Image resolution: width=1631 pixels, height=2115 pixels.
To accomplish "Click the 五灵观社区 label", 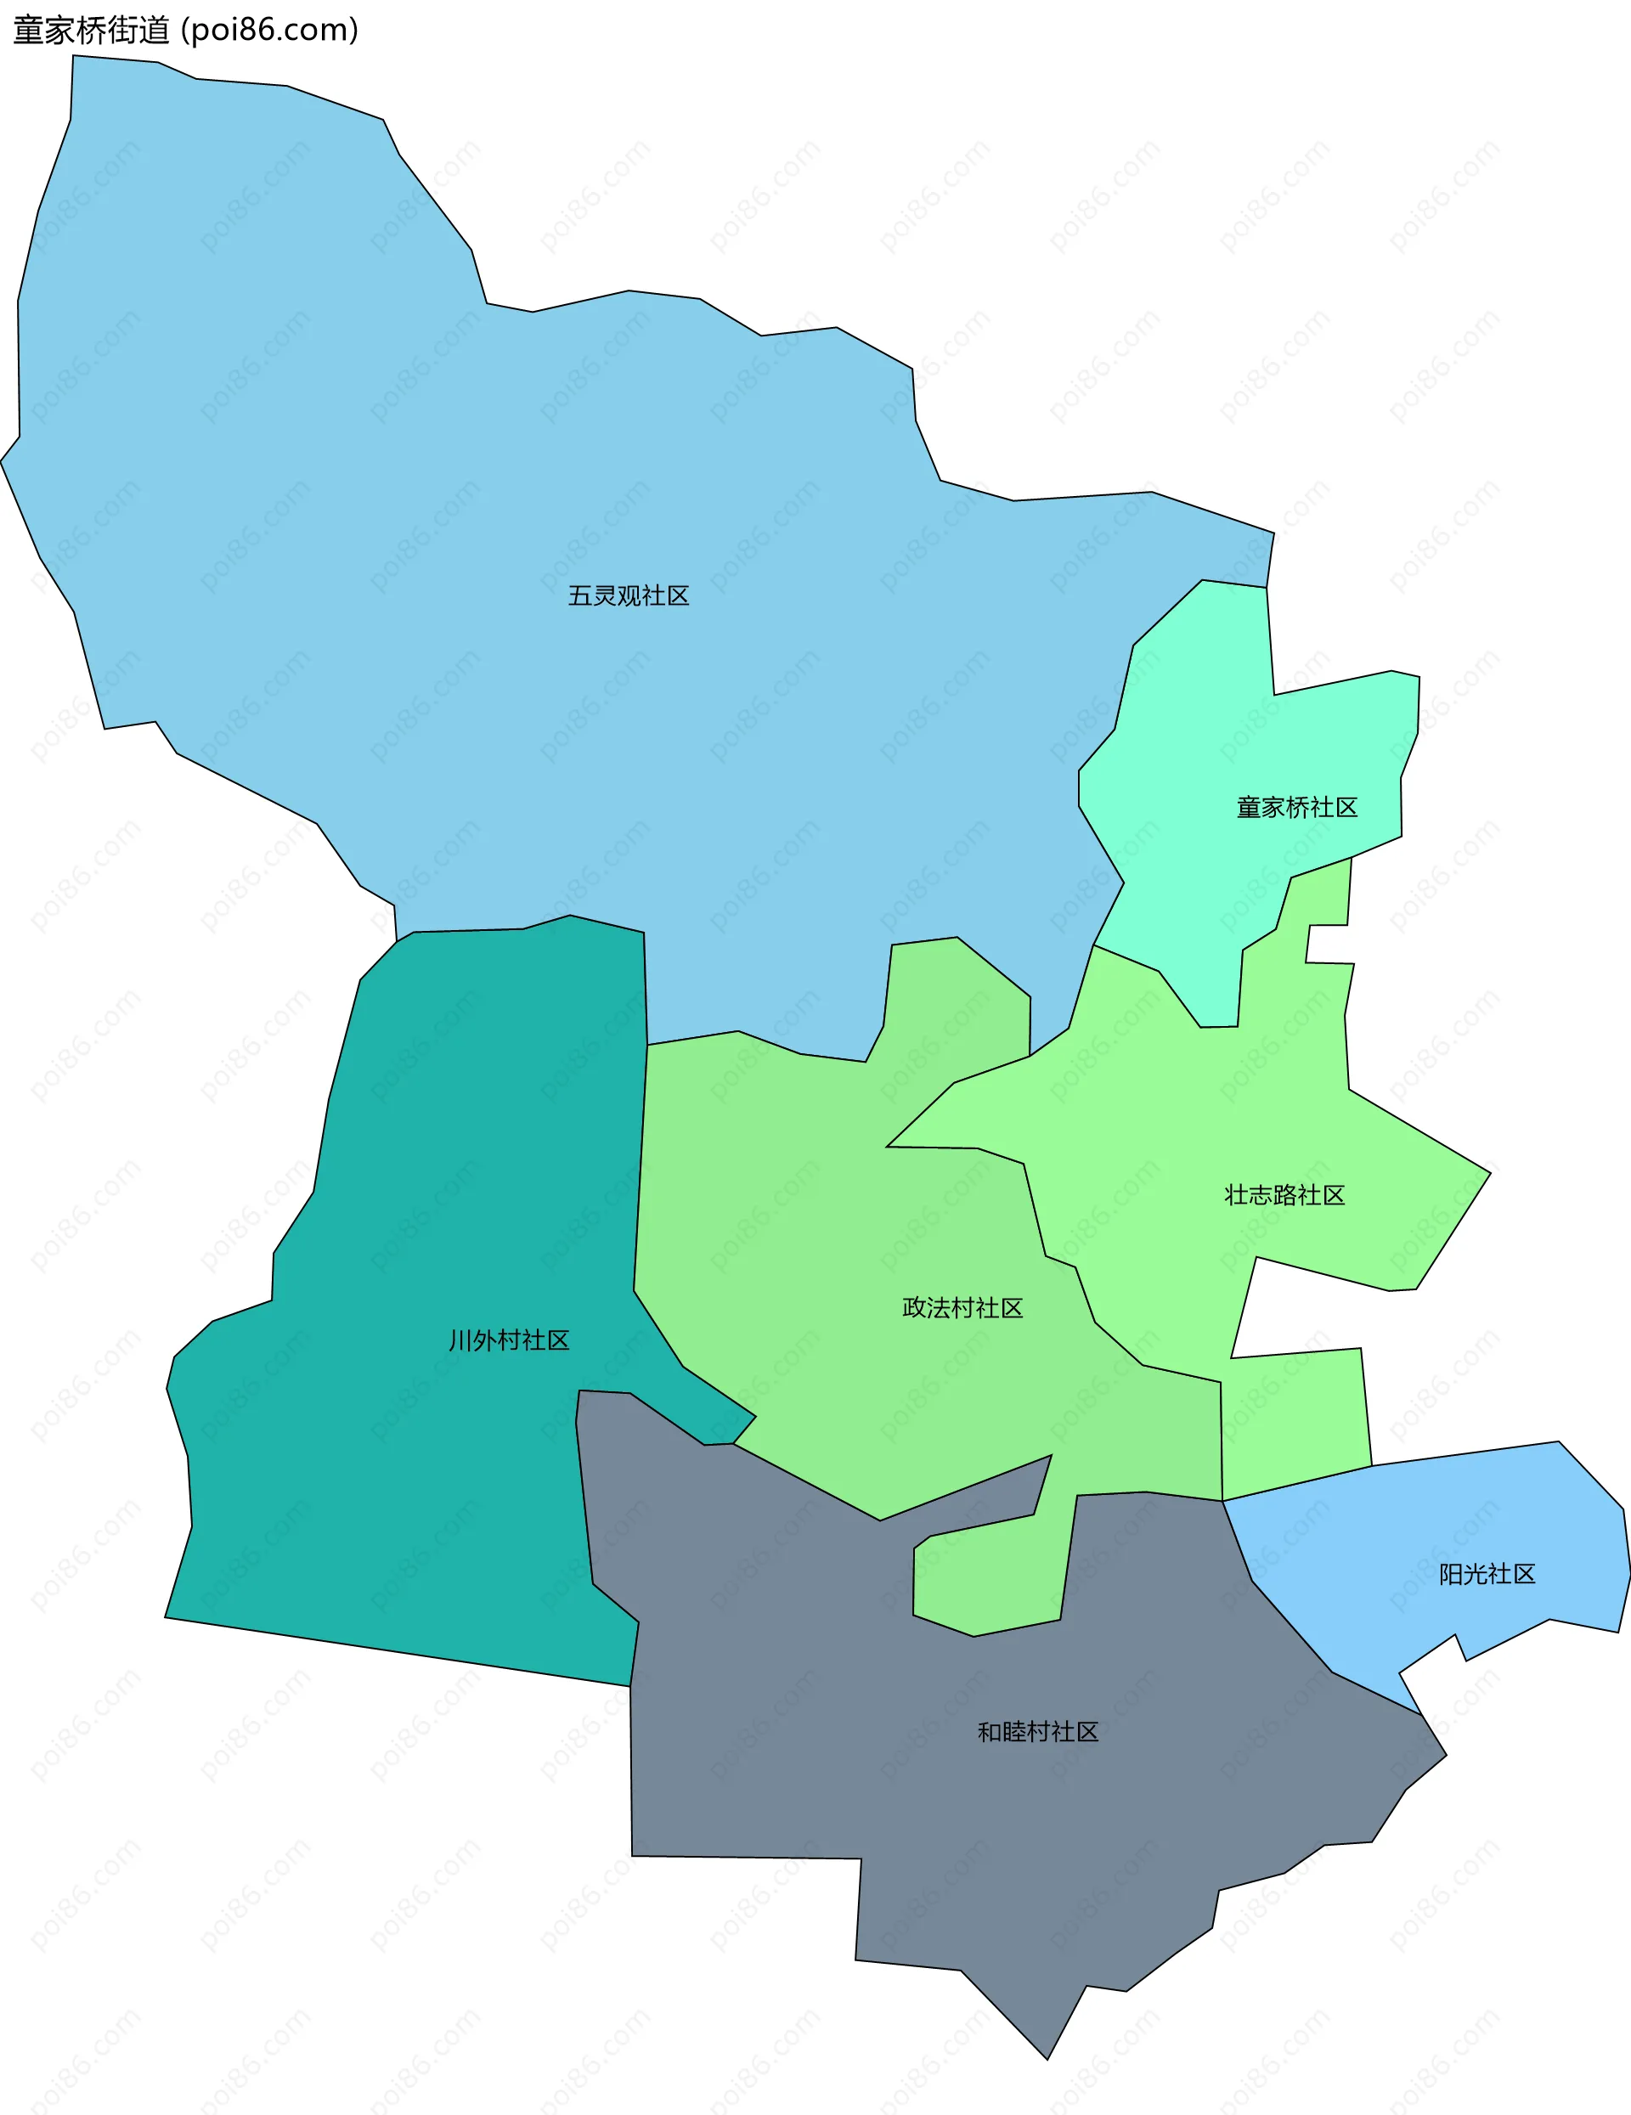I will (x=629, y=595).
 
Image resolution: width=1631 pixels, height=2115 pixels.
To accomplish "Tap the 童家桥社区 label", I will (x=1297, y=807).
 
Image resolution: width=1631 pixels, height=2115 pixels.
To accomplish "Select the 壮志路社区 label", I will (x=1284, y=1195).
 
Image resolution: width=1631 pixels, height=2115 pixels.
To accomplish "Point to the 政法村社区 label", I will (x=962, y=1307).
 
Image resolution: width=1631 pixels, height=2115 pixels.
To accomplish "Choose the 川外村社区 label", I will (x=509, y=1340).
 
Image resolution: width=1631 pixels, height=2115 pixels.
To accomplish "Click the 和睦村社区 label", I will (x=1037, y=1732).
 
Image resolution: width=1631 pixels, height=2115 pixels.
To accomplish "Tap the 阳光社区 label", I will (x=1487, y=1574).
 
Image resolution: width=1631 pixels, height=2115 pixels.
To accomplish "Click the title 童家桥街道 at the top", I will (x=91, y=30).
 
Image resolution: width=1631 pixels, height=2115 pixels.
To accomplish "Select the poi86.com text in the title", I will (x=269, y=30).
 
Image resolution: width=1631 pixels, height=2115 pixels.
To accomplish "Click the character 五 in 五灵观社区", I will (x=579, y=595).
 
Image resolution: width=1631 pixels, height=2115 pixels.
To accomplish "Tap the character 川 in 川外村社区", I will (x=460, y=1340).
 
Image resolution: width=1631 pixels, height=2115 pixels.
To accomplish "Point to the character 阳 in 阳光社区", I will (x=1451, y=1574).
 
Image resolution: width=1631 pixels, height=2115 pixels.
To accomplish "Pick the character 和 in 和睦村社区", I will (x=989, y=1732).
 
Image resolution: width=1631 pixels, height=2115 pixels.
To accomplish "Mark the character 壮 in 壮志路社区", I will (x=1236, y=1195).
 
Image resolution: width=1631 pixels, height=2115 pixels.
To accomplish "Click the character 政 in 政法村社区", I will (x=914, y=1307).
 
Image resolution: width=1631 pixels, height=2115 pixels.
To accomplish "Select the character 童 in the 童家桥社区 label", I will (x=1249, y=807).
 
